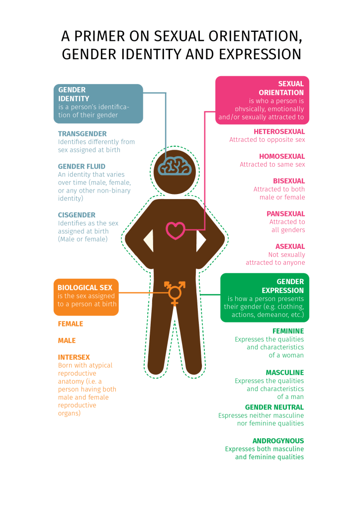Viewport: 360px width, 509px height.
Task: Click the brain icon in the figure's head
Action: pyautogui.click(x=175, y=166)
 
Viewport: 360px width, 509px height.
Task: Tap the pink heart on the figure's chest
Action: pyautogui.click(x=175, y=230)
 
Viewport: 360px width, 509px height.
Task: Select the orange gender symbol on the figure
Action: pyautogui.click(x=175, y=292)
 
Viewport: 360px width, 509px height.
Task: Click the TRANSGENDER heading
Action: pyautogui.click(x=82, y=134)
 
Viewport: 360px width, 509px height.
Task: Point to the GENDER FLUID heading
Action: pyautogui.click(x=82, y=167)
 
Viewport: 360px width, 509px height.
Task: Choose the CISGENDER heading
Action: pyautogui.click(x=77, y=215)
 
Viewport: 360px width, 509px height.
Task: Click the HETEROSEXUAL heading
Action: pyautogui.click(x=279, y=132)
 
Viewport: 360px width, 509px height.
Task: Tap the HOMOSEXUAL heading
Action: pyautogui.click(x=282, y=156)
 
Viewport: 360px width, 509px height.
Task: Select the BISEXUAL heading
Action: pyautogui.click(x=289, y=181)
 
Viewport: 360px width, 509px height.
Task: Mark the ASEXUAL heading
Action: pyautogui.click(x=290, y=246)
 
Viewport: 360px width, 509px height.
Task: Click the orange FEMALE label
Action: pyautogui.click(x=71, y=324)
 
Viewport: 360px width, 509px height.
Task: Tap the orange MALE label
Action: pyautogui.click(x=67, y=341)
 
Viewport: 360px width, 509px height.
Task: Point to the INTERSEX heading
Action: pyautogui.click(x=74, y=357)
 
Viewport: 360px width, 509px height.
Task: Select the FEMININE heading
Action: pyautogui.click(x=288, y=331)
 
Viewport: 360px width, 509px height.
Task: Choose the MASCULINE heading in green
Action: pyautogui.click(x=284, y=373)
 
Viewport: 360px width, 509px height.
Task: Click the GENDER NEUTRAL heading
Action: pyautogui.click(x=274, y=407)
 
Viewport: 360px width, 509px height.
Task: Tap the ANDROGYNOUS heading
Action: pyautogui.click(x=278, y=441)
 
